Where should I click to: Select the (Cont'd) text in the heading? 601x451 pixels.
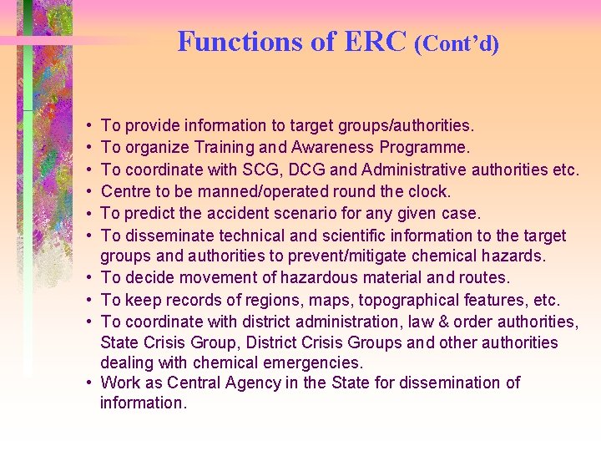457,43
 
